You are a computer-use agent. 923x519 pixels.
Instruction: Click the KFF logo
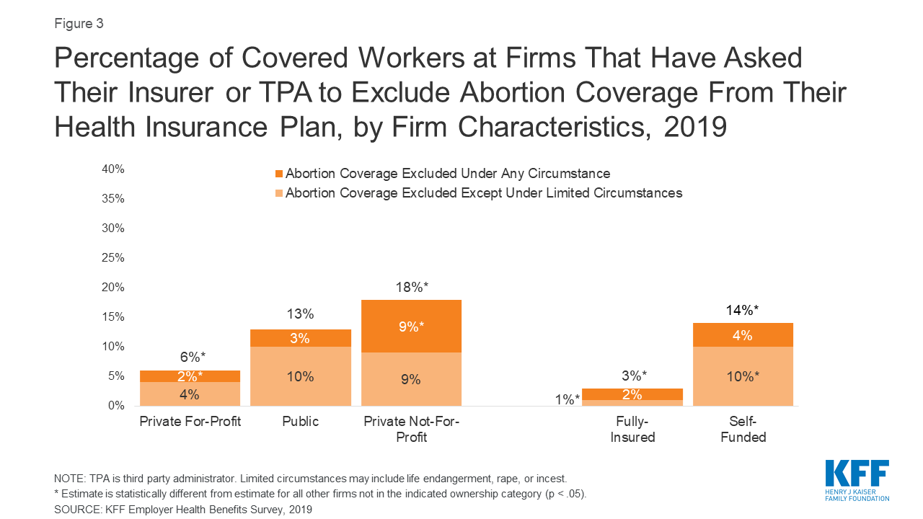pos(857,479)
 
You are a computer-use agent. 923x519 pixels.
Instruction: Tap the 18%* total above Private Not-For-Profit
pos(411,287)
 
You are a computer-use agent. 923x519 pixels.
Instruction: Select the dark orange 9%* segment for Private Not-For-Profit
pos(411,326)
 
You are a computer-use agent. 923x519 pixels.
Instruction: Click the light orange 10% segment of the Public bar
pos(300,376)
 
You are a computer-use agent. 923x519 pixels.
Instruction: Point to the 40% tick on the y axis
pos(112,169)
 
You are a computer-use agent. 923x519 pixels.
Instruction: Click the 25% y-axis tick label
pos(112,258)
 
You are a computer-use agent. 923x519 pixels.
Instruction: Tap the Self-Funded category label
pos(743,430)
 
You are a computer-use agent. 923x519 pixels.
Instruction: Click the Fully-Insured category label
pos(632,430)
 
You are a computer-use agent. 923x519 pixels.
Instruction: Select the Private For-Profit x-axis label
pos(190,422)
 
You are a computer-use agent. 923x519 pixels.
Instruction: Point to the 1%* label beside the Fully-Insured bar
pos(568,400)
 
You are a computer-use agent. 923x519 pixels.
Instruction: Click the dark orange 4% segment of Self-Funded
pos(743,335)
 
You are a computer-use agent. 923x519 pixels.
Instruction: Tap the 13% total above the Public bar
pos(300,314)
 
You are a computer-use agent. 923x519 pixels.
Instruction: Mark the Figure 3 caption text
pos(79,23)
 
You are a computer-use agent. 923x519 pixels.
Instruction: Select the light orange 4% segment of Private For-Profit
pos(190,394)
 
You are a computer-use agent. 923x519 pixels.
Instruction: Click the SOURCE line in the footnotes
pos(183,509)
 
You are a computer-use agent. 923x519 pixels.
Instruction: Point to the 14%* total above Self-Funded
pos(743,310)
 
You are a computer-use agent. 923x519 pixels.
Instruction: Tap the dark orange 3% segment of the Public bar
pos(300,338)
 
